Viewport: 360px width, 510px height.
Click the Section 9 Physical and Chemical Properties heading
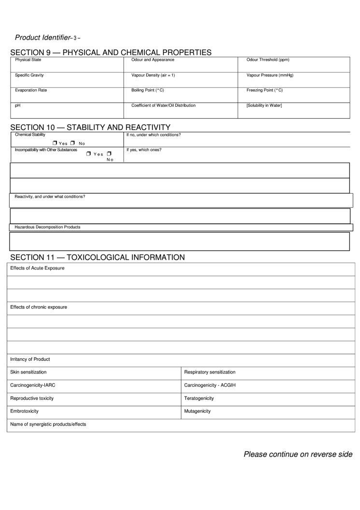[111, 52]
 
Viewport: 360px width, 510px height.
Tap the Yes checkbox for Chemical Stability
[55, 143]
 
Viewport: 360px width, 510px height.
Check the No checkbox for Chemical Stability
[72, 143]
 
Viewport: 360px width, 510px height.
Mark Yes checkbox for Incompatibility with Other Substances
[89, 154]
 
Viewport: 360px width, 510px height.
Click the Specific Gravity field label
[29, 75]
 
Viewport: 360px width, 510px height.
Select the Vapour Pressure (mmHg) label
[270, 75]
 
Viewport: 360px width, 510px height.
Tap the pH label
[18, 105]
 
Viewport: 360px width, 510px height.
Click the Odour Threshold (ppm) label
[268, 60]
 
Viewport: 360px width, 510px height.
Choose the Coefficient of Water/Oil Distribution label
[164, 105]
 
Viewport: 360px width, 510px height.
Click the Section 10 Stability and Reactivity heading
[90, 127]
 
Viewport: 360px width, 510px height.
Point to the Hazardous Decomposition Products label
[47, 227]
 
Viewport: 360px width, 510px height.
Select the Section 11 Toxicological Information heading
[97, 257]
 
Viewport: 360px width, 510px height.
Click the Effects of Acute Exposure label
[37, 268]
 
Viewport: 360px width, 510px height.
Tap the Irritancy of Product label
[30, 359]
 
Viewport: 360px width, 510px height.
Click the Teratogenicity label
[199, 398]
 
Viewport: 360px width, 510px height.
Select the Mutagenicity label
[197, 411]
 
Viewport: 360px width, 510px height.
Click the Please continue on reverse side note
[298, 454]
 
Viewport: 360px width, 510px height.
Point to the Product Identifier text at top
[42, 38]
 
